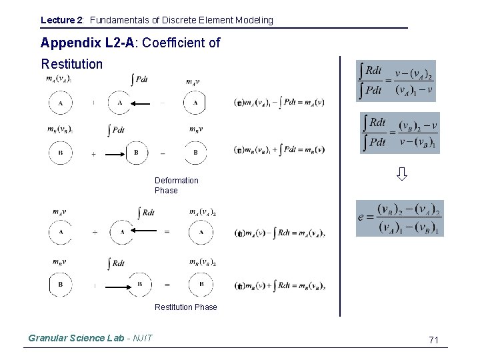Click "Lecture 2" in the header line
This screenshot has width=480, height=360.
(x=61, y=20)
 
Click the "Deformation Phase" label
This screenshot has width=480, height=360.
(x=176, y=185)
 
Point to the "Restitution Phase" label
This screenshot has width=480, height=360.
(x=185, y=307)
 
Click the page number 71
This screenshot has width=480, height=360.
(x=433, y=340)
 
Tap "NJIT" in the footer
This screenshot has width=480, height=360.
(x=143, y=338)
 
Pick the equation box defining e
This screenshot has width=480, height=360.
(x=399, y=218)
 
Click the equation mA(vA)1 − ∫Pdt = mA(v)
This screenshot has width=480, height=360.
(x=280, y=102)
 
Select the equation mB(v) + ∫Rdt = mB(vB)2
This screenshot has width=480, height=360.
(x=280, y=286)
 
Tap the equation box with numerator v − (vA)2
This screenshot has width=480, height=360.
(x=395, y=81)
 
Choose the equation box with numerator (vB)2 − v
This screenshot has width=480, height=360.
(x=399, y=133)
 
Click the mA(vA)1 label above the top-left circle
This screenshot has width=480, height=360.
(x=59, y=79)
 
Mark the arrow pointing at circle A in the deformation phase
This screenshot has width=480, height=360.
(x=140, y=103)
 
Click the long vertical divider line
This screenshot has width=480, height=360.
(x=340, y=187)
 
